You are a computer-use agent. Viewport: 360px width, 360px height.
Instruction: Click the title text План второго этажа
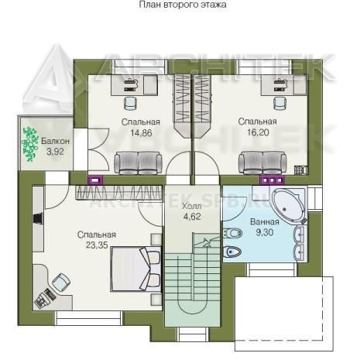[x=183, y=5]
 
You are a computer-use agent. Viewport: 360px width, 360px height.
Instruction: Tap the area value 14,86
[x=141, y=133]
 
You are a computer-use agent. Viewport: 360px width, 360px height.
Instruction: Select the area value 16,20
[x=258, y=132]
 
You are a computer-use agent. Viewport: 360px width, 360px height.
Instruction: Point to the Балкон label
[x=55, y=141]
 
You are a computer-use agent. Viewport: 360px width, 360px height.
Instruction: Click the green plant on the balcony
[x=29, y=144]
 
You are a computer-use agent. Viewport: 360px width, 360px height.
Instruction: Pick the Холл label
[x=191, y=206]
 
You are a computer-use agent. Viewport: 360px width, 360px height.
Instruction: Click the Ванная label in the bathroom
[x=265, y=222]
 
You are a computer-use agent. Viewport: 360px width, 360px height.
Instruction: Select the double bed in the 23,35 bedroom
[x=136, y=269]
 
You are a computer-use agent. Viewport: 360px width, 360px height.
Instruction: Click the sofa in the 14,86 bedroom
[x=138, y=163]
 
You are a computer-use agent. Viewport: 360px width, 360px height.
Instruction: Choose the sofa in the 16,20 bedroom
[x=262, y=163]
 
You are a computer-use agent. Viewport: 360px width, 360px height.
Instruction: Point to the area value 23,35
[x=97, y=245]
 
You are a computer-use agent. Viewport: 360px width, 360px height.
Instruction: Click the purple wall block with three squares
[x=272, y=180]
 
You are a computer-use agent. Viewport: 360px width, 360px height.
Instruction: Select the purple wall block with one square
[x=95, y=180]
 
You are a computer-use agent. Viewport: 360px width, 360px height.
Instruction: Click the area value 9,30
[x=265, y=232]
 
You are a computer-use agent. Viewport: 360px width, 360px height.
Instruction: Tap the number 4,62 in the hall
[x=192, y=217]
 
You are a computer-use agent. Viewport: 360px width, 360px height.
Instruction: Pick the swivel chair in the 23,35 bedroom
[x=61, y=282]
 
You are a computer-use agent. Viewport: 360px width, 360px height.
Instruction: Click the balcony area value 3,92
[x=55, y=152]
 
